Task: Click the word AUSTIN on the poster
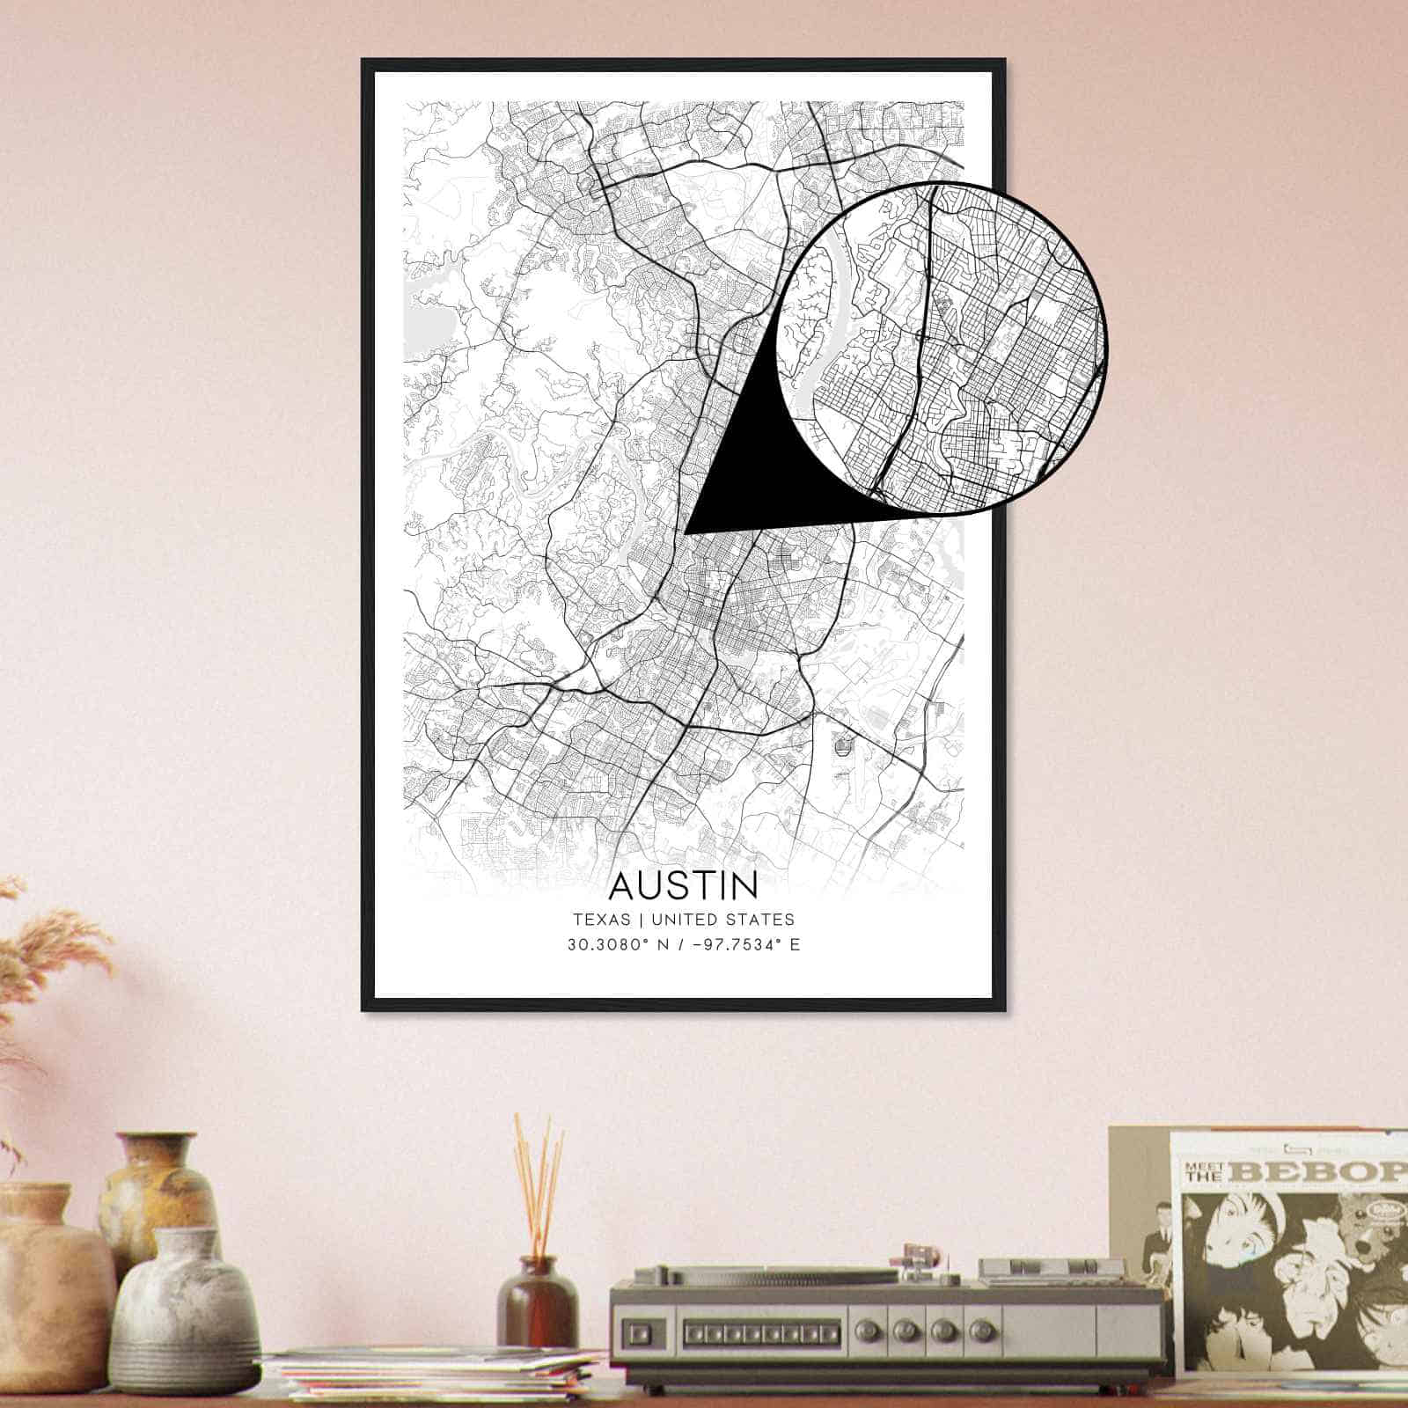(683, 884)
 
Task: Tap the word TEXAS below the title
(602, 920)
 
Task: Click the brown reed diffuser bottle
(537, 1302)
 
